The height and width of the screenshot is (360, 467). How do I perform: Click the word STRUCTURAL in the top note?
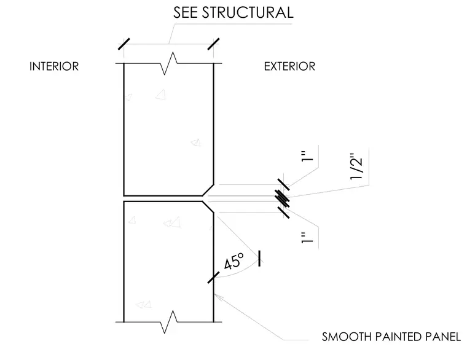tap(248, 12)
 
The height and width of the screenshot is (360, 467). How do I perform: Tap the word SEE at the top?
tap(185, 12)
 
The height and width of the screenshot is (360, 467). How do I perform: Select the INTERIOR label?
tap(54, 66)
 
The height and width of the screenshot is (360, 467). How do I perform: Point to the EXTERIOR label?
tap(289, 66)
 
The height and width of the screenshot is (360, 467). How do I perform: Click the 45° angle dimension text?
tap(233, 261)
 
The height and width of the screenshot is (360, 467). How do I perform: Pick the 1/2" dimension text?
tap(357, 167)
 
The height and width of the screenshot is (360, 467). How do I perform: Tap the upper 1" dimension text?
tap(307, 156)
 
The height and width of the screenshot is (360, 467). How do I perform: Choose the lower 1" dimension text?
tap(307, 238)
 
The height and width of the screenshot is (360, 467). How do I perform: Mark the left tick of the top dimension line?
tap(124, 44)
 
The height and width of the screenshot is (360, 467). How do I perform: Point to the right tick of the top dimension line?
tap(214, 44)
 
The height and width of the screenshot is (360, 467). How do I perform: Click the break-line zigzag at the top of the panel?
tap(168, 63)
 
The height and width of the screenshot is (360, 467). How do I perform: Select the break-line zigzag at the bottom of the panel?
tap(168, 322)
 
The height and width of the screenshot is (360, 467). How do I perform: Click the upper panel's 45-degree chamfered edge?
tap(208, 190)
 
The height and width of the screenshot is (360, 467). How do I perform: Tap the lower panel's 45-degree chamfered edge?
tap(208, 207)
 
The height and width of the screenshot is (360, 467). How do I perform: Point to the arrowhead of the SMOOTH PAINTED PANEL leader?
tap(216, 296)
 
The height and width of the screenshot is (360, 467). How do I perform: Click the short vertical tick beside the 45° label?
tap(259, 259)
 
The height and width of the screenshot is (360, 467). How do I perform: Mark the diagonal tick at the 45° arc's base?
tap(214, 277)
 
